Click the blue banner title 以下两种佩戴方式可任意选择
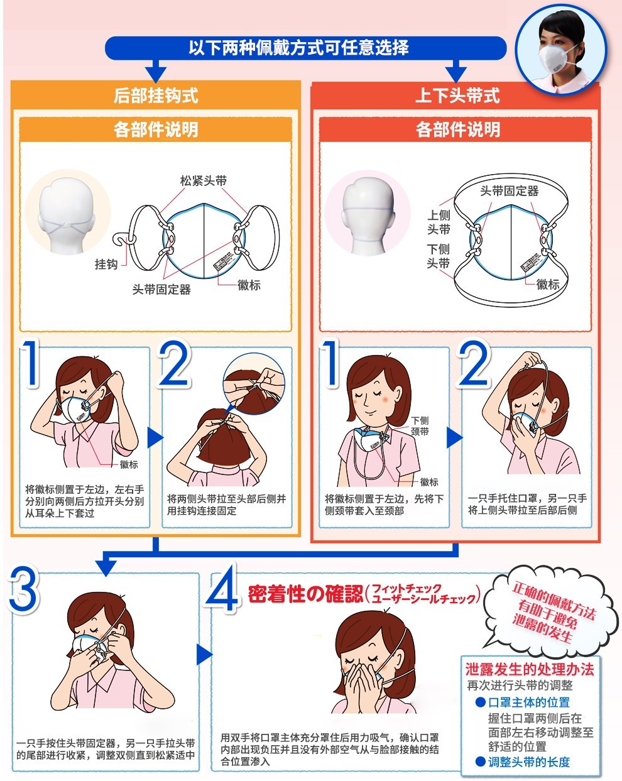tap(298, 48)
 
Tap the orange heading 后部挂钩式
tap(156, 96)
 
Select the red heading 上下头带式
tap(457, 96)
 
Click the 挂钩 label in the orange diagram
tap(106, 264)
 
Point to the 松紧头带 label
tap(204, 181)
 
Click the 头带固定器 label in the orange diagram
tap(161, 289)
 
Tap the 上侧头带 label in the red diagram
tap(439, 222)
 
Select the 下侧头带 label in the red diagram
tap(439, 256)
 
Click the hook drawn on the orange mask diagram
tap(122, 238)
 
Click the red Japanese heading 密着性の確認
tap(305, 594)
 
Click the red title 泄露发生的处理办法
tap(530, 669)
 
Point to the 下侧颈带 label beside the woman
tap(420, 426)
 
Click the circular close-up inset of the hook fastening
tap(254, 385)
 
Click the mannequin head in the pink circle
tap(368, 215)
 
